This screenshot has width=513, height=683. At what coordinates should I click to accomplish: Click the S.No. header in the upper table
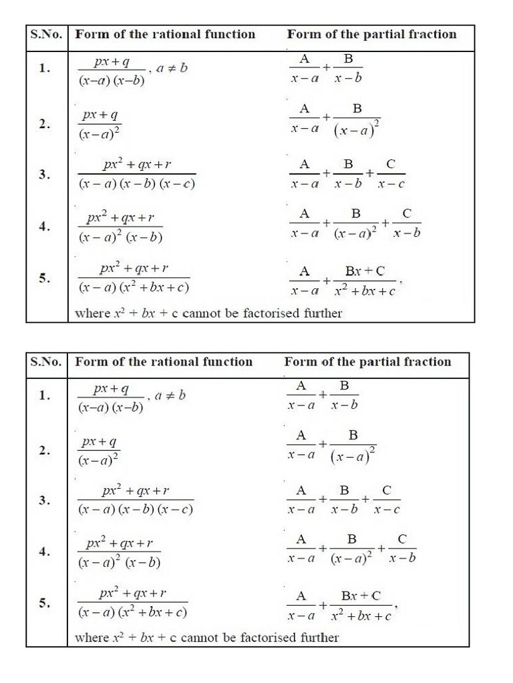click(46, 35)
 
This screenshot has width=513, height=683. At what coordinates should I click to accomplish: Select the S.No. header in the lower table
click(46, 362)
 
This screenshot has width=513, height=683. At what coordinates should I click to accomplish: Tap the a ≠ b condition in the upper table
click(172, 68)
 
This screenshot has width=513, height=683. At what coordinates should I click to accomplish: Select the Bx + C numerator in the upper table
click(365, 271)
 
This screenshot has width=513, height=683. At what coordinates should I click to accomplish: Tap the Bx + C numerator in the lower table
click(361, 596)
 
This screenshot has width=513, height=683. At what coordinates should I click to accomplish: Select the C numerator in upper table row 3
click(391, 164)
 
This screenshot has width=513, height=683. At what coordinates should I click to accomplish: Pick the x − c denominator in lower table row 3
click(387, 510)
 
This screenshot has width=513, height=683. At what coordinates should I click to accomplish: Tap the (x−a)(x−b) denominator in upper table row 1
click(112, 81)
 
